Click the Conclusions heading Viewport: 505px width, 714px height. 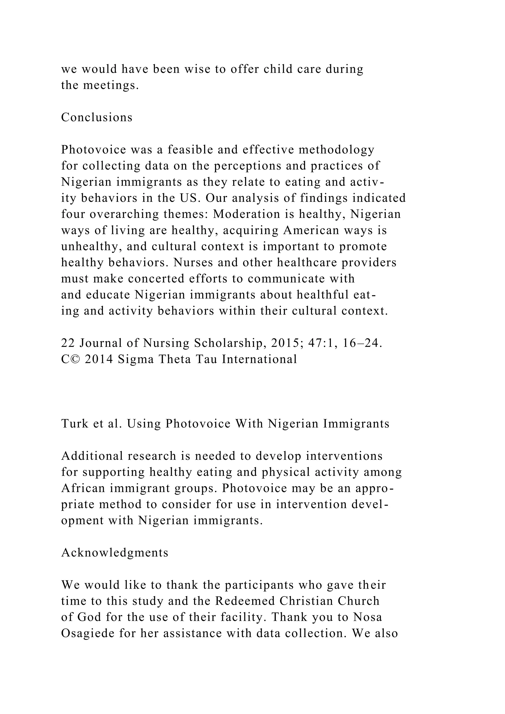97,117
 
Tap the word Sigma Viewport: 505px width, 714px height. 136,359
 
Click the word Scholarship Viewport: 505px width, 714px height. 230,343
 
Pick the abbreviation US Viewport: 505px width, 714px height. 188,198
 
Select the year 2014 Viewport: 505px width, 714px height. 99,359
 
